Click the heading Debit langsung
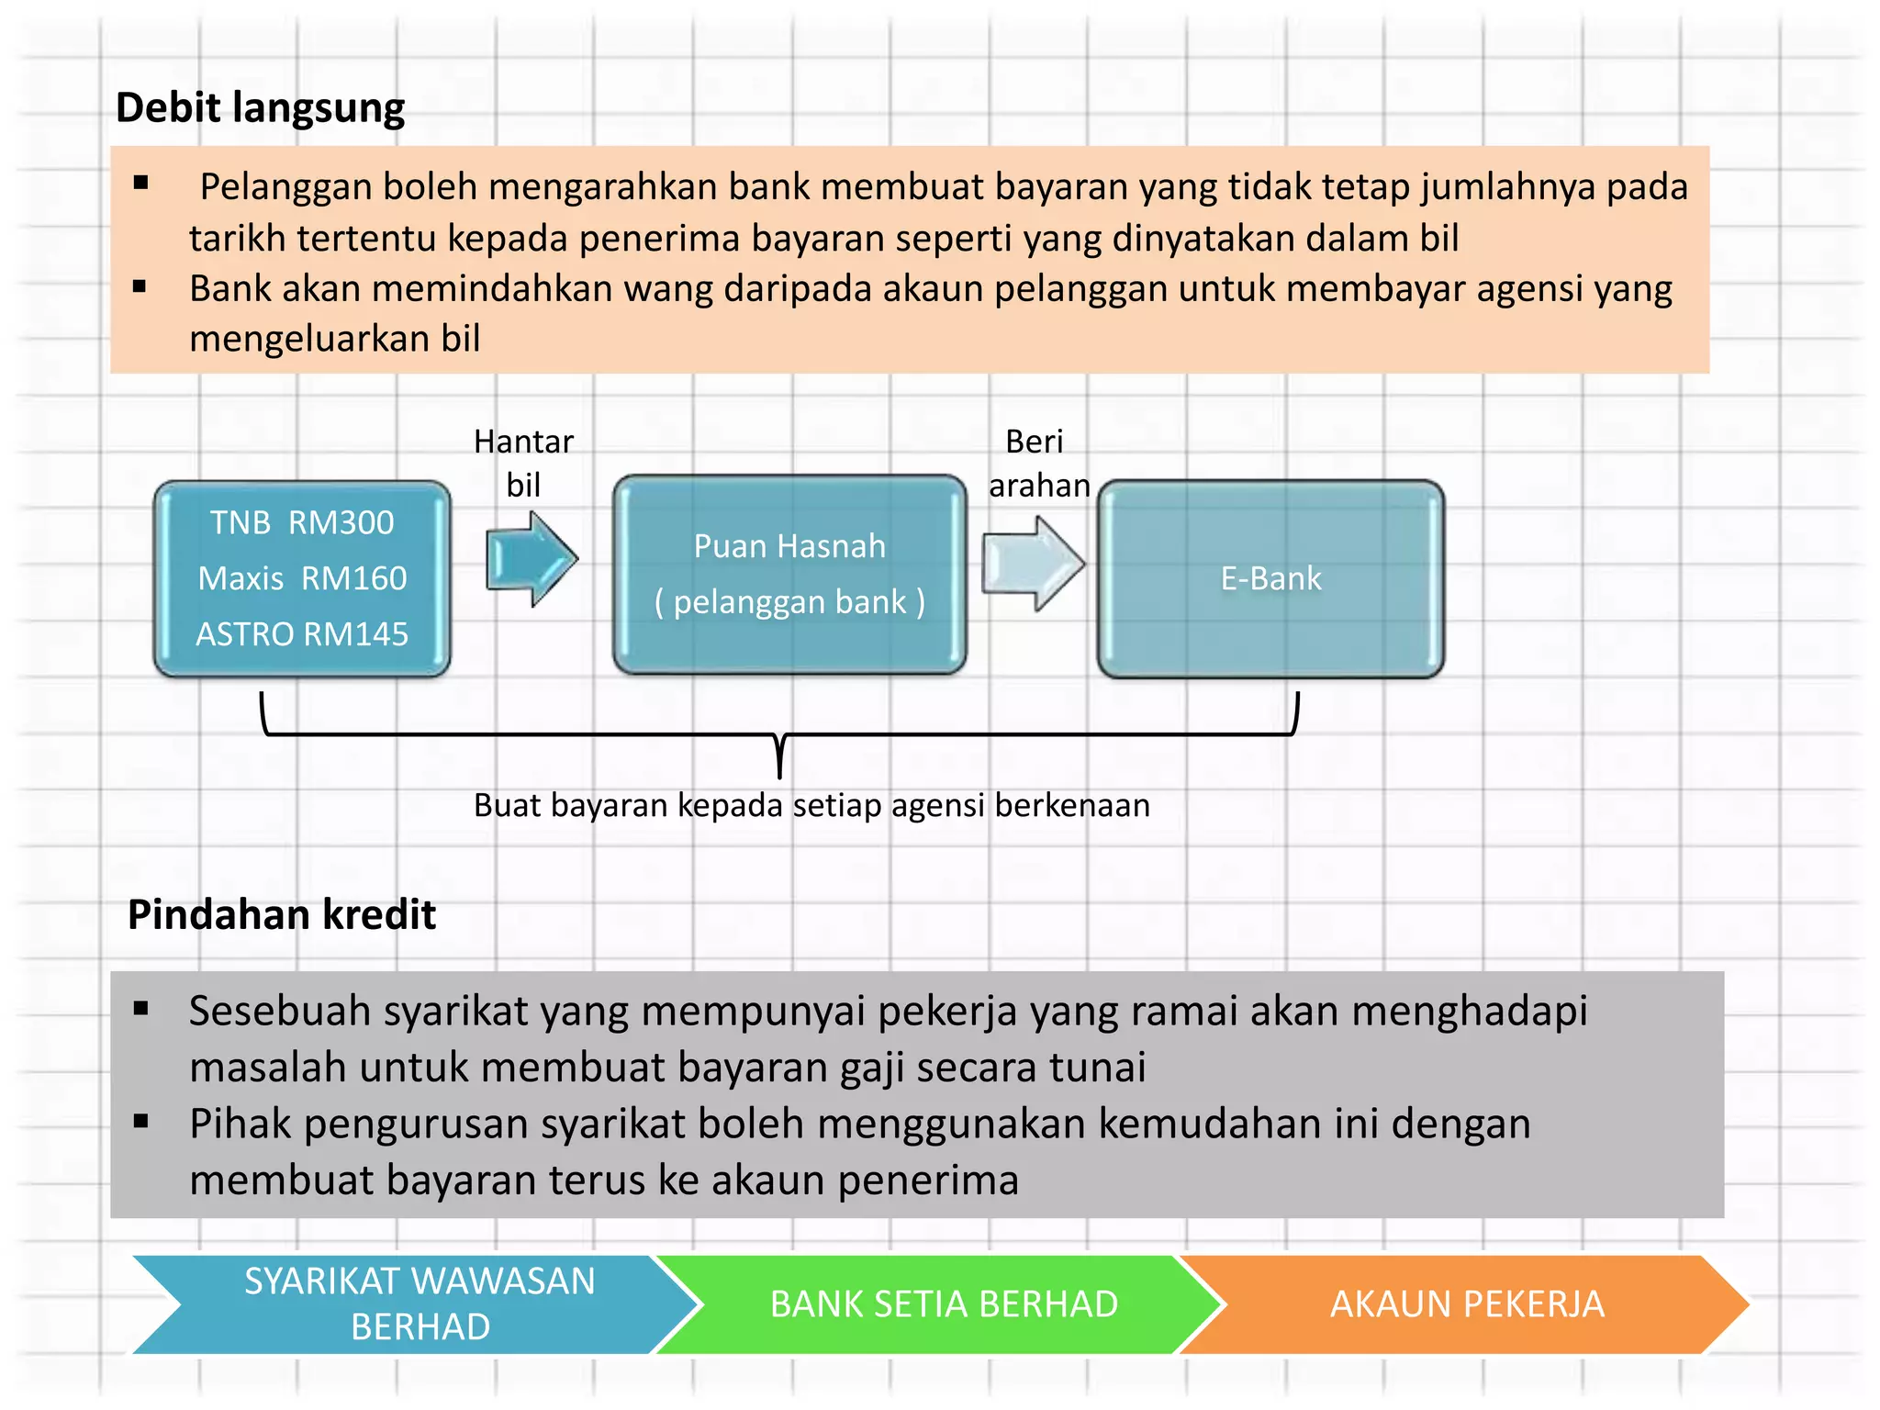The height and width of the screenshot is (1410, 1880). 260,108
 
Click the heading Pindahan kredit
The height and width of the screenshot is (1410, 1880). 282,915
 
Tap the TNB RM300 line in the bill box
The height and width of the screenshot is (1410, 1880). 302,523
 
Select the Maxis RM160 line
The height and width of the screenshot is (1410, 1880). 302,578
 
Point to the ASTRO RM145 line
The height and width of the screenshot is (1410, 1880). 302,634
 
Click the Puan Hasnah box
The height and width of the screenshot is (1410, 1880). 789,575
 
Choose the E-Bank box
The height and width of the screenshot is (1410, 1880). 1270,579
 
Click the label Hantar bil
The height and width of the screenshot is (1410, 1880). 523,463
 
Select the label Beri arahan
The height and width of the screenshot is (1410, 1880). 1038,463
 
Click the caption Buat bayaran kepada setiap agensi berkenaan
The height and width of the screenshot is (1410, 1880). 811,806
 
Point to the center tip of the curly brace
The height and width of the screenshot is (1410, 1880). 779,771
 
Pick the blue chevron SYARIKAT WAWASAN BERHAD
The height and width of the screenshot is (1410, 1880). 419,1304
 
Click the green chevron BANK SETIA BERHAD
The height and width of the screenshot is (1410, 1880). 944,1304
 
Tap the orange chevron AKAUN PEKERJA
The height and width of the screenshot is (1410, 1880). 1467,1304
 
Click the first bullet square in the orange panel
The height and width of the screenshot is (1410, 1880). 140,183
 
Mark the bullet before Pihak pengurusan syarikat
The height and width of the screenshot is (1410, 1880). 140,1121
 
